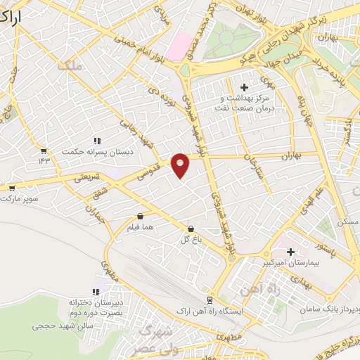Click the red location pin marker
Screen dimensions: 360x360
pyautogui.click(x=181, y=165)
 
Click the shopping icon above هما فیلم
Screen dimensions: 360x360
pyautogui.click(x=141, y=217)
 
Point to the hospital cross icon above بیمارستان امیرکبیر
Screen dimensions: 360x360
pyautogui.click(x=290, y=251)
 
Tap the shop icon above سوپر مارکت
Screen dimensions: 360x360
pyautogui.click(x=12, y=188)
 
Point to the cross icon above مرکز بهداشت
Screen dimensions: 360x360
pyautogui.click(x=244, y=87)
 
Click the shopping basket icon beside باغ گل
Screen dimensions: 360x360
pyautogui.click(x=191, y=229)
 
